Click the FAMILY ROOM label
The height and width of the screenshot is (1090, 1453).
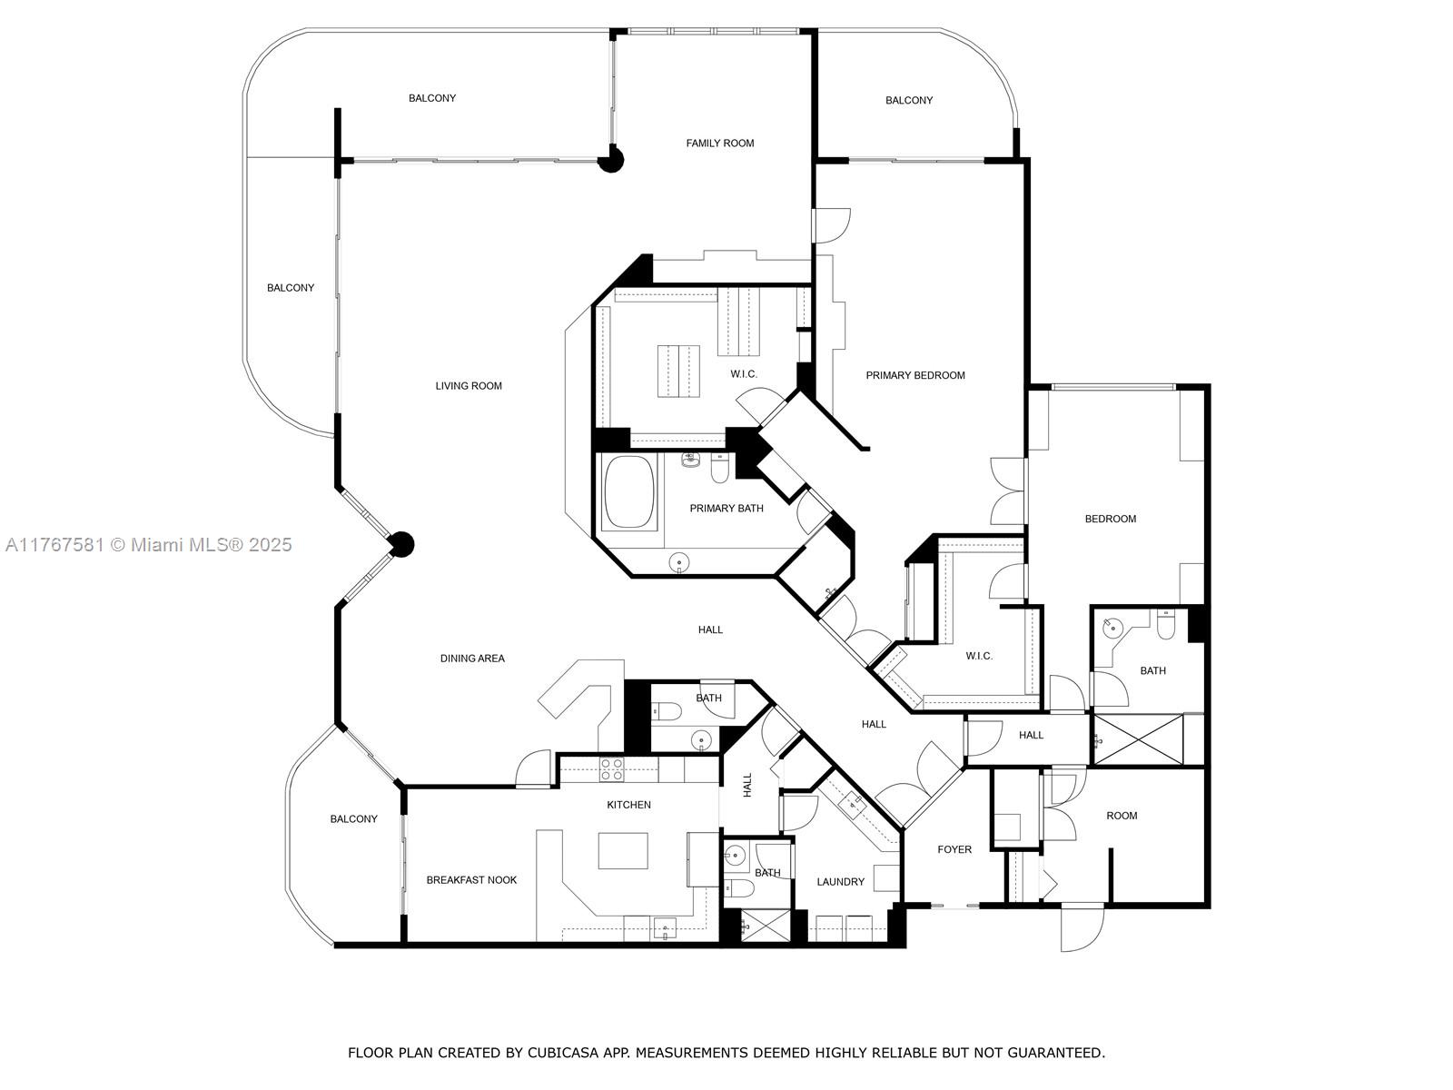tap(719, 143)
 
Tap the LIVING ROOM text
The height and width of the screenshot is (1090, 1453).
tap(469, 386)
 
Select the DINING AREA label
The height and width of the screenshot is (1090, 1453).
tap(472, 658)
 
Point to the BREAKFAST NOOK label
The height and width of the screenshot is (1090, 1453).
tap(471, 879)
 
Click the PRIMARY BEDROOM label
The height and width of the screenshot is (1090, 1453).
tap(915, 375)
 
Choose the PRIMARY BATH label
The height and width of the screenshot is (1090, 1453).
tap(726, 509)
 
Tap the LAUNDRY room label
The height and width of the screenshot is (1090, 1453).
tap(840, 881)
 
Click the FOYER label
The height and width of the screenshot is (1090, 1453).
tap(954, 849)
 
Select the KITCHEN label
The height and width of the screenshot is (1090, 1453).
tap(628, 805)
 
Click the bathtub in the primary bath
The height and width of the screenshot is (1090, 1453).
tap(628, 491)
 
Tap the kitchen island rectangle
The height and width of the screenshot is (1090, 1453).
tap(623, 850)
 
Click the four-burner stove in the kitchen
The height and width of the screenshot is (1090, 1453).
tap(611, 769)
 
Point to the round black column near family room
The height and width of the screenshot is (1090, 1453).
tap(611, 160)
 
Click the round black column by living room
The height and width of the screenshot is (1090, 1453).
tap(400, 545)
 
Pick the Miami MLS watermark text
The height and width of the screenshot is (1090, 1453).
tap(149, 545)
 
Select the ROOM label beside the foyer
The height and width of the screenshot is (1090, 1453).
tap(1122, 816)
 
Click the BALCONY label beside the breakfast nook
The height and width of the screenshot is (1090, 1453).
tap(353, 818)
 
